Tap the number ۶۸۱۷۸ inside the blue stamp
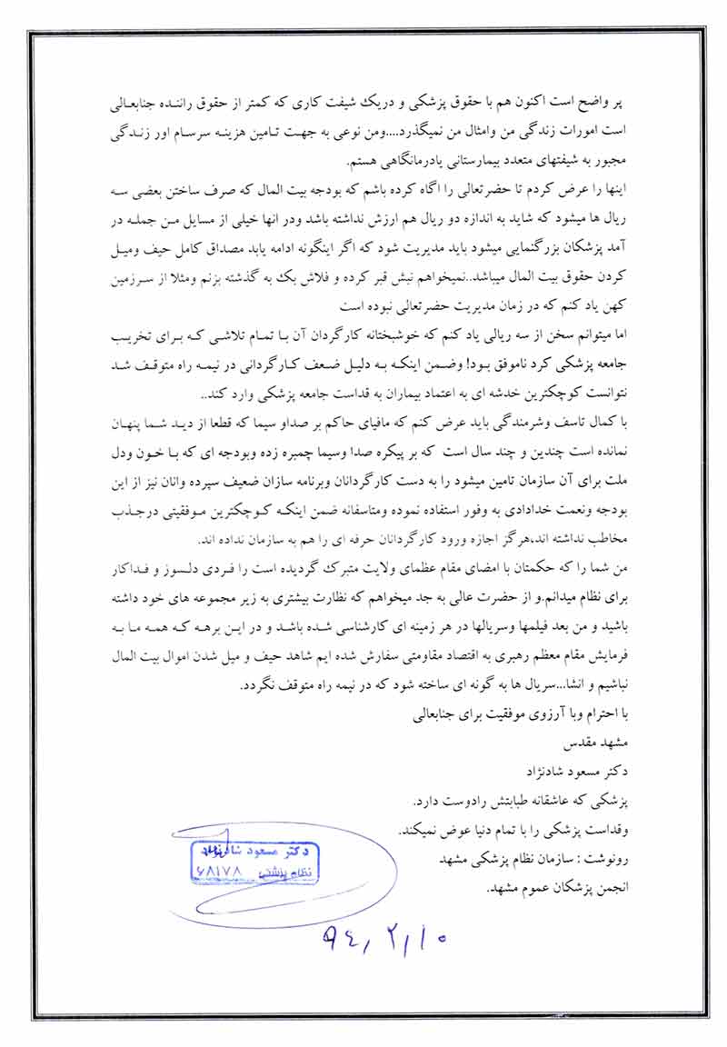(215, 871)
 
